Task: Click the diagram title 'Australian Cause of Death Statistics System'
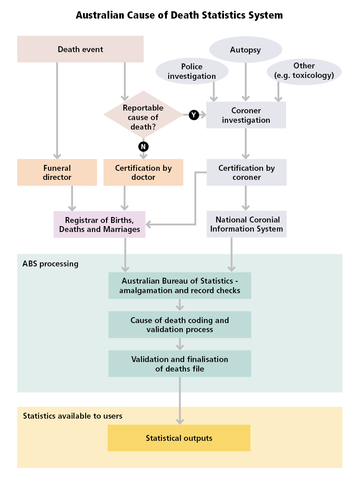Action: (x=179, y=15)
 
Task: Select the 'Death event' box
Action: (x=80, y=49)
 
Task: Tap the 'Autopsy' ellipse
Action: (x=245, y=50)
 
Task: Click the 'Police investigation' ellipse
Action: (x=191, y=72)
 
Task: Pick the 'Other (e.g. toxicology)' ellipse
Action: (x=304, y=71)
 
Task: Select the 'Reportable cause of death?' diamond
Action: (x=143, y=115)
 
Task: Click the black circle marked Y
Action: (x=194, y=115)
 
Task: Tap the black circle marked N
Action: (x=143, y=146)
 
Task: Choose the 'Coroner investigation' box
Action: (x=246, y=115)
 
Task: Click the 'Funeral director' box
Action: (x=57, y=173)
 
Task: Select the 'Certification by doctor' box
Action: (x=143, y=173)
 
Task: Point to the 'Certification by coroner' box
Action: (x=246, y=173)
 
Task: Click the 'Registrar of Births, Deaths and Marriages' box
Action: (x=99, y=225)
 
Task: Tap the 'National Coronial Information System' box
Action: (x=247, y=224)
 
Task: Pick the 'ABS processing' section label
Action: (x=50, y=264)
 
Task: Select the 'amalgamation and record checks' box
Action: (x=180, y=286)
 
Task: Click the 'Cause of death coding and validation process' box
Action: (x=180, y=325)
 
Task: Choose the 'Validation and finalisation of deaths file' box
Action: (x=180, y=364)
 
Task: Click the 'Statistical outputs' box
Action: (x=179, y=438)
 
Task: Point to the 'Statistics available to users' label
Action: (x=73, y=416)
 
